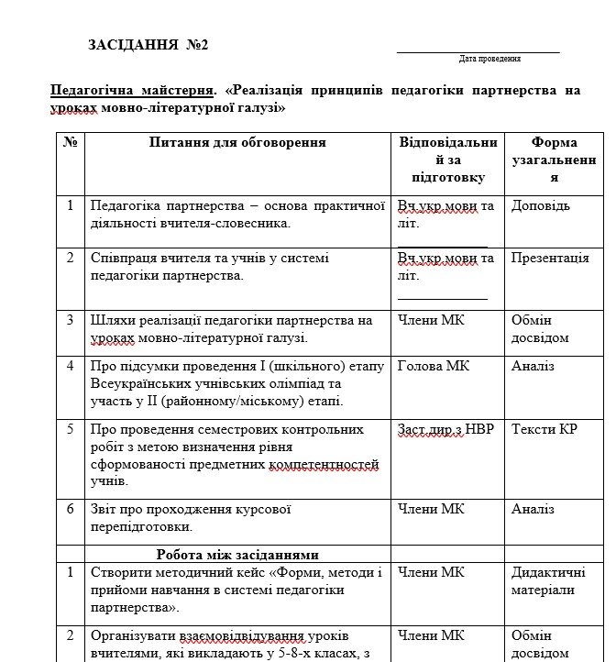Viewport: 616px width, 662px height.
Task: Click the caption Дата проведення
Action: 489,59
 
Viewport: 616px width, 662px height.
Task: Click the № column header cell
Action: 70,143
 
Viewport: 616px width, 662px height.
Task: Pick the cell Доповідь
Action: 541,206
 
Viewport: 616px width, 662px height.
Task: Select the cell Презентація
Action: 550,259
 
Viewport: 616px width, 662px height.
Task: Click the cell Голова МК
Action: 434,366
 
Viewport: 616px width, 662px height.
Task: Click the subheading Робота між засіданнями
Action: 237,554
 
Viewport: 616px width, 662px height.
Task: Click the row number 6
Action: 70,509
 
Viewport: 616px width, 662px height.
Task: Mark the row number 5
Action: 70,429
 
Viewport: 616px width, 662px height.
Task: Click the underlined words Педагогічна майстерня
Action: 131,92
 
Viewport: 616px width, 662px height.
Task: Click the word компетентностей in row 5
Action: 324,464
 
